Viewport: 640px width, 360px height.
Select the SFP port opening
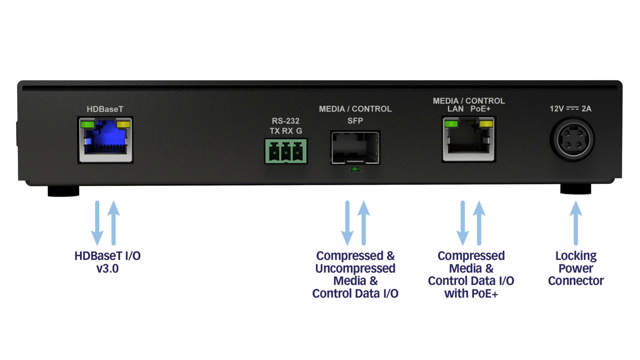tap(355, 146)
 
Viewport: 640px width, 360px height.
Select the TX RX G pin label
tap(285, 130)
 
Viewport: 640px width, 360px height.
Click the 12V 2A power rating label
tap(572, 108)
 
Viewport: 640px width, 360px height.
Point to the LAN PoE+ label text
tap(467, 110)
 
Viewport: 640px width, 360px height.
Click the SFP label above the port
tap(355, 120)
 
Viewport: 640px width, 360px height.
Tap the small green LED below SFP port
tap(355, 170)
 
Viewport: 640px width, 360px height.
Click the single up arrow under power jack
tap(575, 222)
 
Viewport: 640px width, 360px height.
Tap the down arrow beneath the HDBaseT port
tap(97, 222)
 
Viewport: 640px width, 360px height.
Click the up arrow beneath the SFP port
tap(363, 222)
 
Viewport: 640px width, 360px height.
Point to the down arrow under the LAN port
tap(462, 222)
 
